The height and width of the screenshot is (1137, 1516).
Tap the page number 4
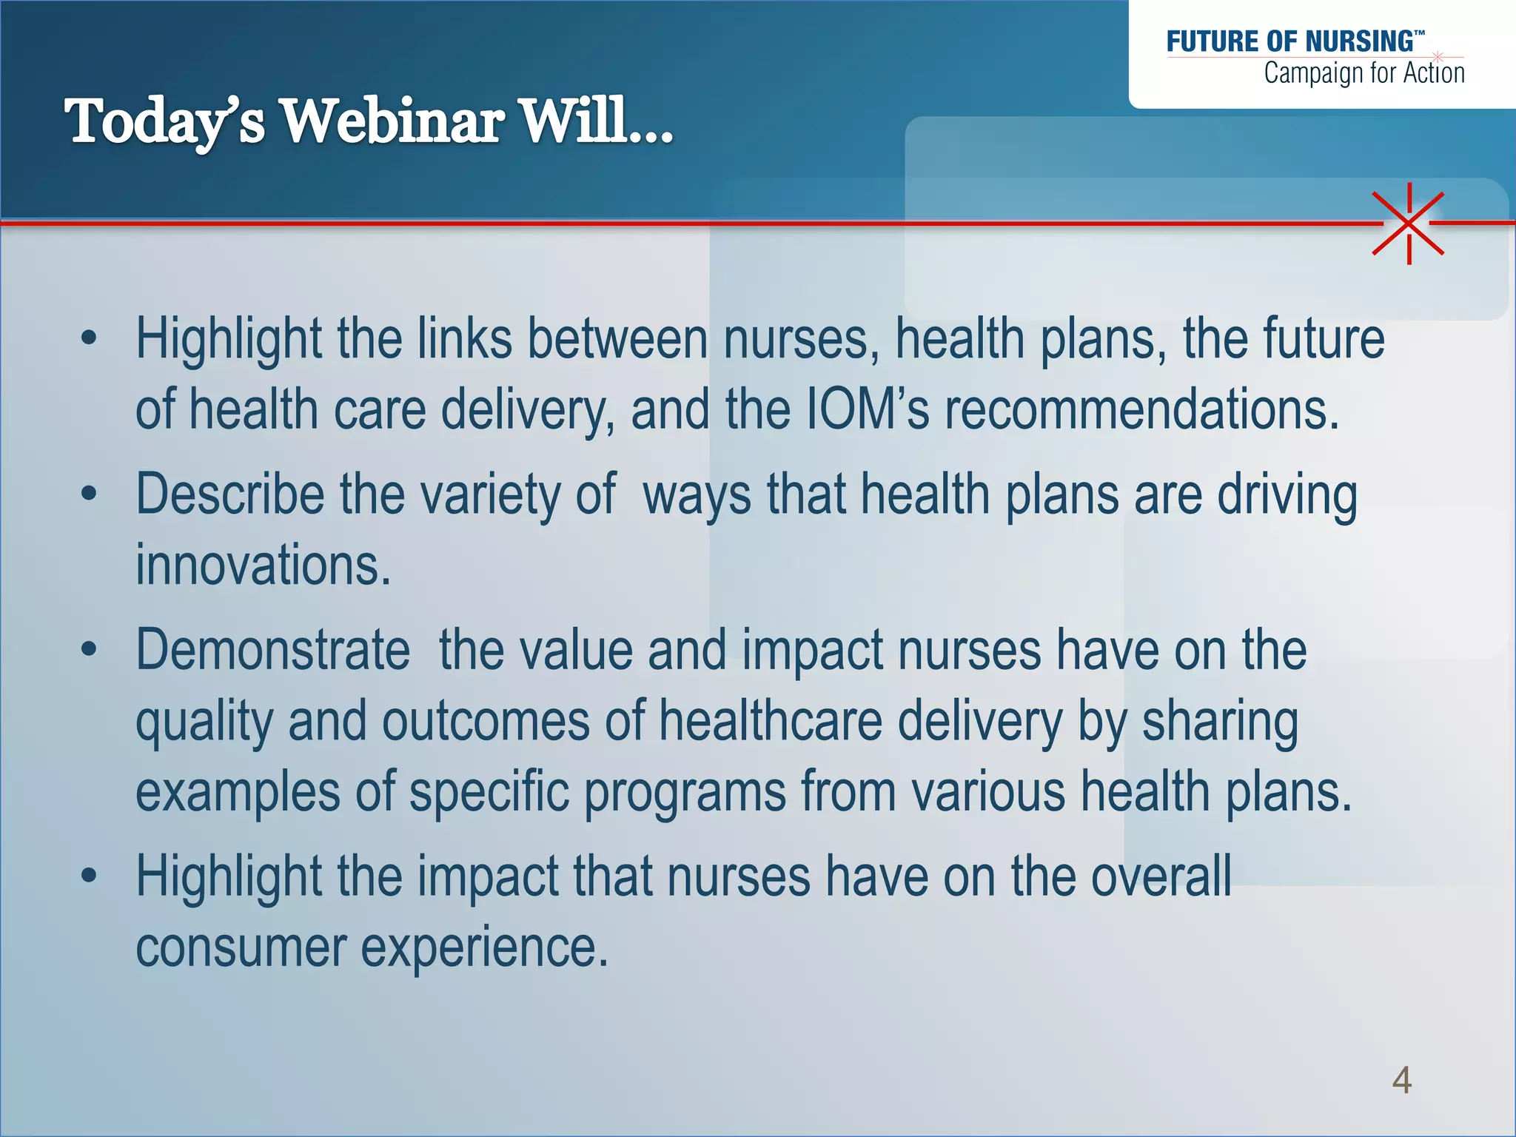tap(1401, 1080)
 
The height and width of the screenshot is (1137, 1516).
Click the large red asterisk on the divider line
tap(1409, 223)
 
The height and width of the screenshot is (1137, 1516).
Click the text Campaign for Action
tap(1364, 73)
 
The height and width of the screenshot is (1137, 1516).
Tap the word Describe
tap(229, 494)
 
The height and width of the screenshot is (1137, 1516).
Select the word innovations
tap(263, 565)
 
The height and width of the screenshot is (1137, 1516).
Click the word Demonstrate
tap(272, 650)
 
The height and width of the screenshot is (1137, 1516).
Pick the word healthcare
tap(771, 721)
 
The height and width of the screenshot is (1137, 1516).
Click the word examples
tap(238, 791)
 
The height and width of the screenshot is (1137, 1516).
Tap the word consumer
tap(240, 947)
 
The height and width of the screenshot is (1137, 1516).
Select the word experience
tap(484, 947)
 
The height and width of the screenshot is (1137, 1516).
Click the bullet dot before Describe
tap(90, 494)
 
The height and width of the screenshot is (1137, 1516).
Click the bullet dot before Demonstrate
tap(90, 650)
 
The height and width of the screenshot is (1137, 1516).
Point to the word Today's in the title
tap(164, 122)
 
